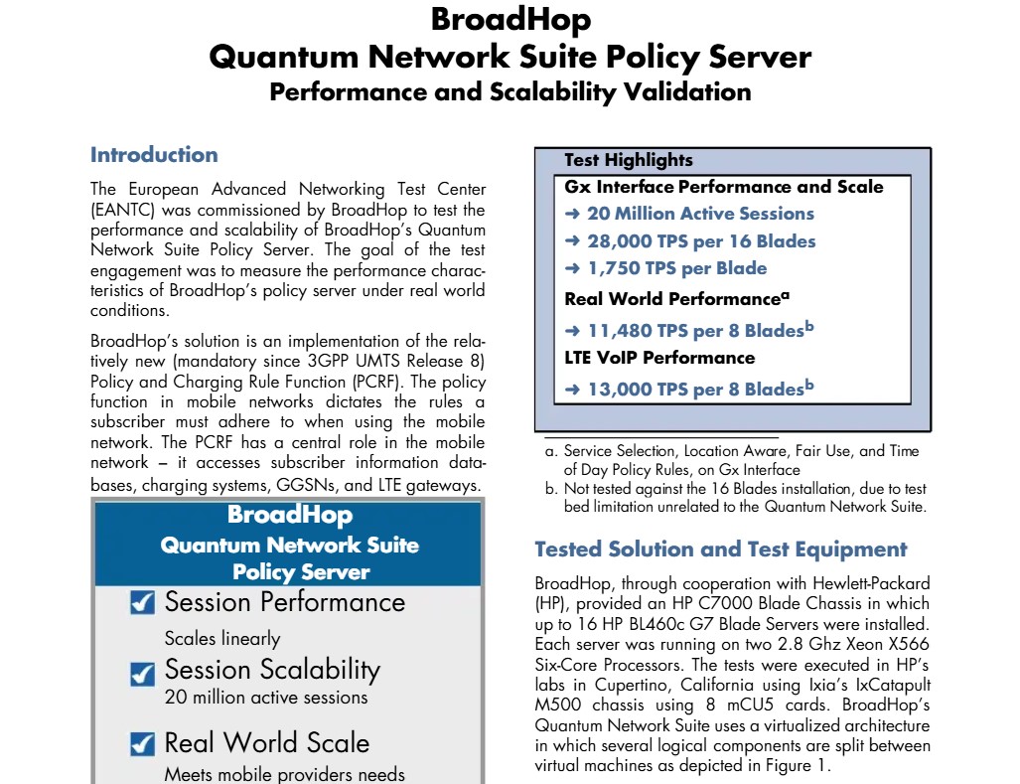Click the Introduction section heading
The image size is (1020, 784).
[154, 155]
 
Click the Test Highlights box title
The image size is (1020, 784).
[628, 160]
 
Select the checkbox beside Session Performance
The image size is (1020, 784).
[143, 603]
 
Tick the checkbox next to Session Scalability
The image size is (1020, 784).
[143, 673]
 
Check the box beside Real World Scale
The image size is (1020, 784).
[143, 743]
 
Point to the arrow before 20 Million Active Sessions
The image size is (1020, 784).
[572, 214]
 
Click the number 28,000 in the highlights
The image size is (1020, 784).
[620, 241]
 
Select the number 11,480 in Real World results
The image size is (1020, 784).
[620, 331]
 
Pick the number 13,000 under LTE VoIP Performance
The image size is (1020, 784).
[620, 390]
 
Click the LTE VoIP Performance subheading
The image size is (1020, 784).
[659, 358]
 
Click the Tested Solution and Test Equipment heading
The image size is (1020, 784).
[720, 549]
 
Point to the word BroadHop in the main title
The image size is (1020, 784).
[510, 20]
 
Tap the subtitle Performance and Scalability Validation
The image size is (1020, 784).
[510, 92]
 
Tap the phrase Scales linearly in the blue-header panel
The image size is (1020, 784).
[221, 639]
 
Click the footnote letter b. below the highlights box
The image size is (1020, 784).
[551, 489]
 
